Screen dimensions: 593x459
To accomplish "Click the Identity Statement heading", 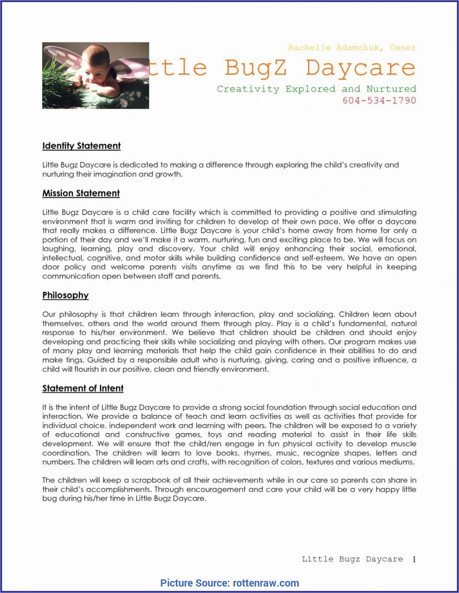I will click(81, 146).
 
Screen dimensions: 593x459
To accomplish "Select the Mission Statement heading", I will click(81, 193).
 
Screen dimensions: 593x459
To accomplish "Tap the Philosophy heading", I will click(65, 295).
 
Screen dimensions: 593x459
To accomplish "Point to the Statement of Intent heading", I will click(83, 388).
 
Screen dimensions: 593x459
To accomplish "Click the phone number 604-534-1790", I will click(379, 100).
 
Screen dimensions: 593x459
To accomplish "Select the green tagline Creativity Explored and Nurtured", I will click(316, 89).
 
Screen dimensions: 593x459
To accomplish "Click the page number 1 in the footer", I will click(414, 559).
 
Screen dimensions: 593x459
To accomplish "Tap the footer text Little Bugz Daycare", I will click(352, 559).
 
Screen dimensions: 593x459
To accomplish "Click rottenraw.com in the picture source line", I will click(266, 583).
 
